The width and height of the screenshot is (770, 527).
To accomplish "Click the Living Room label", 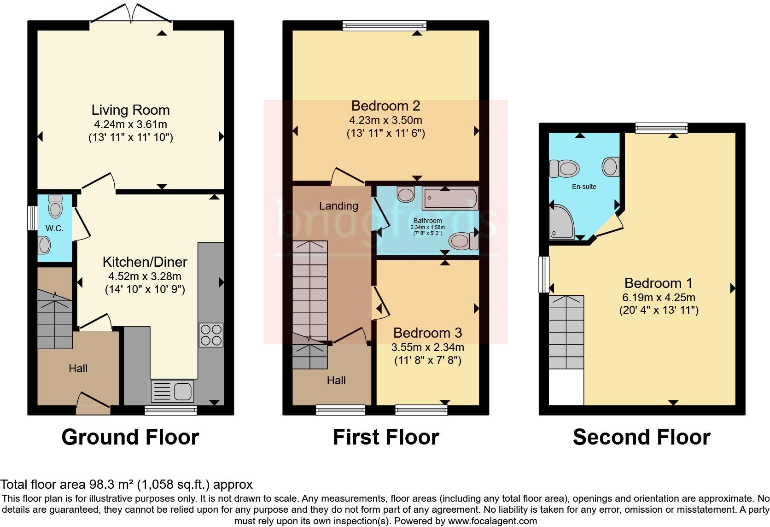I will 130,110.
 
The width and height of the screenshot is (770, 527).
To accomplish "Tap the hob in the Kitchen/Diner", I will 211,335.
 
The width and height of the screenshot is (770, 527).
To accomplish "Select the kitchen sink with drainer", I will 172,391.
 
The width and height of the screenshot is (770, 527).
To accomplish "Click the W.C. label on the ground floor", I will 54,228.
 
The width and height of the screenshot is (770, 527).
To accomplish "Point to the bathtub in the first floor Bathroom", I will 450,199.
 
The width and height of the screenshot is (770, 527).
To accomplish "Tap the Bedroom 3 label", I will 427,333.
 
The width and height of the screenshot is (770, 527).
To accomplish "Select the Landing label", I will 338,206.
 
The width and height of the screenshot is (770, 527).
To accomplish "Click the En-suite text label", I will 584,187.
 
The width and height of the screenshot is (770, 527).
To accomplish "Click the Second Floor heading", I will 641,437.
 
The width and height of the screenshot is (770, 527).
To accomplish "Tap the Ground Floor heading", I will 130,437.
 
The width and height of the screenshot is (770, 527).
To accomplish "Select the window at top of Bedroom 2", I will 385,26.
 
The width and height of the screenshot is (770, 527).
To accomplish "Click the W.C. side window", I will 32,218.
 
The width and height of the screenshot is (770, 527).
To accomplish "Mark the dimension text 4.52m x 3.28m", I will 145,276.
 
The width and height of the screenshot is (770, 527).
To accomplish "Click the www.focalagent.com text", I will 492,521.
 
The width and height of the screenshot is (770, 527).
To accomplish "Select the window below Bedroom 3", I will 421,409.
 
